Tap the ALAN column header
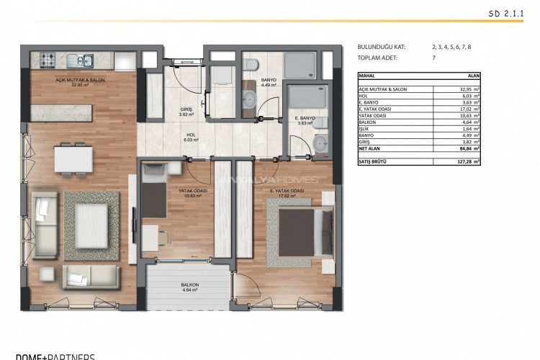[474, 74]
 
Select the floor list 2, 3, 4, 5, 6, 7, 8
[451, 47]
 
